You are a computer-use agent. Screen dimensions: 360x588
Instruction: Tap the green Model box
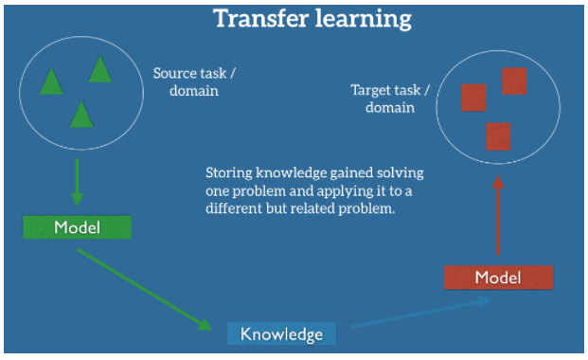pos(77,227)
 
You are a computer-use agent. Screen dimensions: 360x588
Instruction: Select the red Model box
pos(498,277)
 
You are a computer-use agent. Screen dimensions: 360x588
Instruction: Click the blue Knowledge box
pos(281,333)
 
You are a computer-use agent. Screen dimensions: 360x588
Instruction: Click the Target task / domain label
pos(390,99)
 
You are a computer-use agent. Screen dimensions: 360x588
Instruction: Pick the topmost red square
pos(514,81)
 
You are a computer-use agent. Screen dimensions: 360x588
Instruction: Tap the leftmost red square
pos(473,98)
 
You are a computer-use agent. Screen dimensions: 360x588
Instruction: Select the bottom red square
pos(498,135)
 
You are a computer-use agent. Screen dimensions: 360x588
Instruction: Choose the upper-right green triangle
pos(100,69)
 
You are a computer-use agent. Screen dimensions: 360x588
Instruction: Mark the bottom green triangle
pos(81,115)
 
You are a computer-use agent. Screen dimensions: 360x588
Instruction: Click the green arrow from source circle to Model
pos(77,182)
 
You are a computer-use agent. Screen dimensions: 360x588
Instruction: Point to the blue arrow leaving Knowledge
pos(421,314)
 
